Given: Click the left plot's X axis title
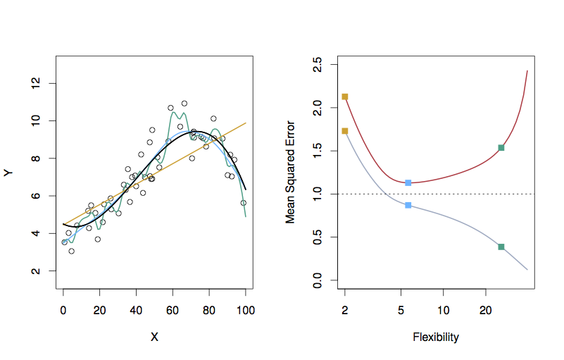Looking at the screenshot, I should (x=154, y=337).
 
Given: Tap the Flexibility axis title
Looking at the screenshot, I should (x=436, y=337).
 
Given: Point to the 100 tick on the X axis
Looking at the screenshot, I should (x=245, y=310).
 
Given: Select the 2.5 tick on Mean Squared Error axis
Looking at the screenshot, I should (x=318, y=66).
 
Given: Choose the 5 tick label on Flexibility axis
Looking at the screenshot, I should (x=401, y=310).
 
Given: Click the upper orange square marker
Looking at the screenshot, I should (x=345, y=97).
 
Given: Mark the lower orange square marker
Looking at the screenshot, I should (x=345, y=131).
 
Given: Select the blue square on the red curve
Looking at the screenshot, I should (x=408, y=183).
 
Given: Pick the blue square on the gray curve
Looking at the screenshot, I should (x=408, y=205).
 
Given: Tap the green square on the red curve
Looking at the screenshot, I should (x=501, y=148).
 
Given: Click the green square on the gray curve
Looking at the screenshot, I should (x=501, y=247).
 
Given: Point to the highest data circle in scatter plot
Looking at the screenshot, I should (x=184, y=104).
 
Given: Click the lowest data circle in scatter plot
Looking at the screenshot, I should (x=71, y=251).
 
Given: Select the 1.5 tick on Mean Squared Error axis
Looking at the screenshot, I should (x=318, y=151).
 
